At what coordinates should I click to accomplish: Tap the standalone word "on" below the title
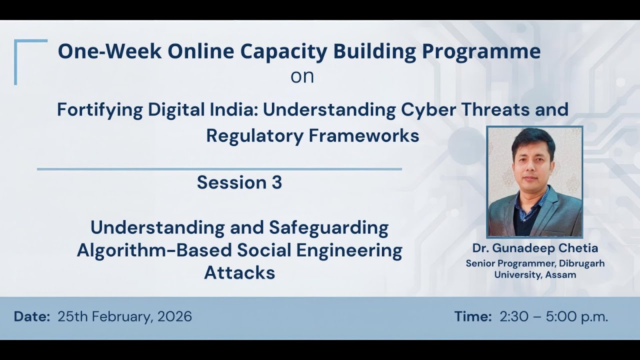tap(302, 76)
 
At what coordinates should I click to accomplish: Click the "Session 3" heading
tap(239, 182)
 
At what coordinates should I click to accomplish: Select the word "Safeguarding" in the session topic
tap(328, 227)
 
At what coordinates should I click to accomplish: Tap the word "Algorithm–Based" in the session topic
tap(154, 250)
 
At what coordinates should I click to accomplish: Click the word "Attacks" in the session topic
tap(239, 272)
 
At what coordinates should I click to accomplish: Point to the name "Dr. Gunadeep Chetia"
tap(535, 248)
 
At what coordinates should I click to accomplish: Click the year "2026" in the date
tap(174, 316)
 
